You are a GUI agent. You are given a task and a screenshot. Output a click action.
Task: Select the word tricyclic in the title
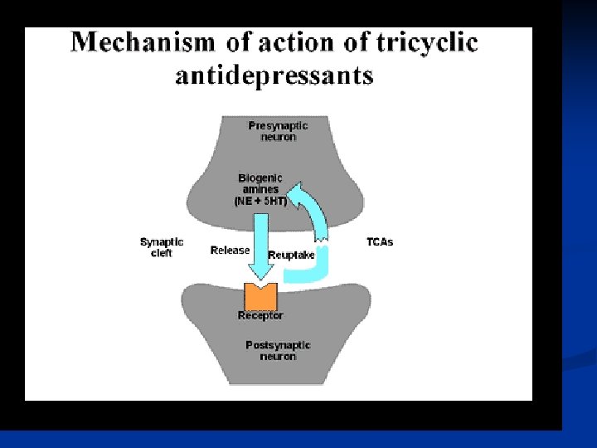coord(429,43)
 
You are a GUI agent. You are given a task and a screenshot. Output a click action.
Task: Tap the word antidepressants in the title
coord(274,76)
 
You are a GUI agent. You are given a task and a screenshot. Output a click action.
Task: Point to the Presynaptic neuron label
coord(278,131)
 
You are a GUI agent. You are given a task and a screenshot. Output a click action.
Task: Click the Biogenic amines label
coord(260,183)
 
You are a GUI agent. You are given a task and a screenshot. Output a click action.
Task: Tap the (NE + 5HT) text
coord(260,202)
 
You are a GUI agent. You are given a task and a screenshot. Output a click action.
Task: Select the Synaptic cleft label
coord(162,247)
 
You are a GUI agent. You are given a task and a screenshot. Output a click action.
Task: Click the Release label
coord(230,250)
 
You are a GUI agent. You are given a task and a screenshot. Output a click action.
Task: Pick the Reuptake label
coord(291,256)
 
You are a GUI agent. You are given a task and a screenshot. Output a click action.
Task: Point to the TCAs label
coord(380,242)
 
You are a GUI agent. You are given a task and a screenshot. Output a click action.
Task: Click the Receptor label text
coord(260,315)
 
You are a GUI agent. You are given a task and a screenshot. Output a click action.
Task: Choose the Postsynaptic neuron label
coord(278,350)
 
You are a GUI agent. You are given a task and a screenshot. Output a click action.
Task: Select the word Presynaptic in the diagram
coord(278,126)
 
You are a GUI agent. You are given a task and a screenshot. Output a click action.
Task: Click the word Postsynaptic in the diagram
coord(278,345)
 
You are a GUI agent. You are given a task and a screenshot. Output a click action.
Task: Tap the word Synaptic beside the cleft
coord(162,242)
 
